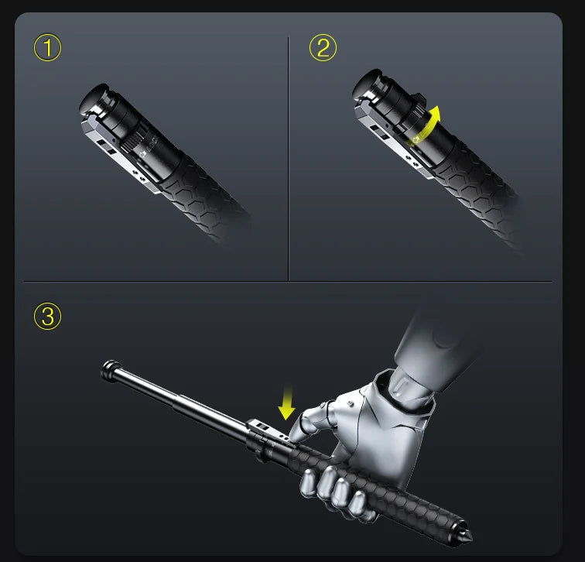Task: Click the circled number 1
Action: (47, 48)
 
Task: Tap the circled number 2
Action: (323, 48)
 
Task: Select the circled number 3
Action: (47, 316)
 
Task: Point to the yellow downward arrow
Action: (287, 404)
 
